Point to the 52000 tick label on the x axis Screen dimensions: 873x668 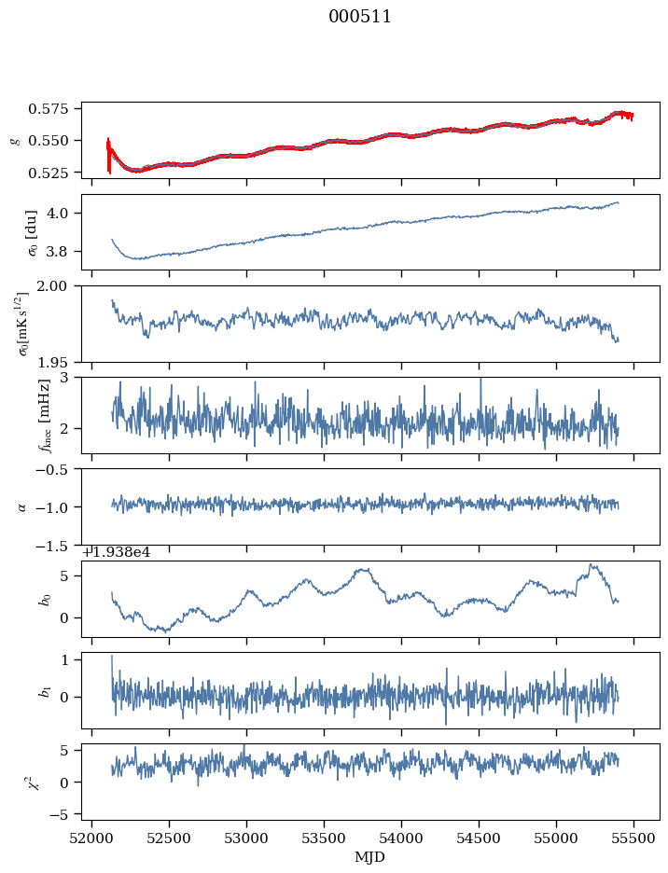pyautogui.click(x=91, y=838)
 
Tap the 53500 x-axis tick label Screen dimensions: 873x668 pyautogui.click(x=325, y=838)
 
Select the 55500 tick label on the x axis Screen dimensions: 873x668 pyautogui.click(x=634, y=838)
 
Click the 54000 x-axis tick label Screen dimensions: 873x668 pyautogui.click(x=402, y=838)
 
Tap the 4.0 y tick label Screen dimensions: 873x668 pyautogui.click(x=63, y=213)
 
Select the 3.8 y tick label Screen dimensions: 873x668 pyautogui.click(x=63, y=251)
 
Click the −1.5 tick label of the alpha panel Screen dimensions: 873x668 pyautogui.click(x=58, y=545)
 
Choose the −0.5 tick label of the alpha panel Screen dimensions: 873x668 pyautogui.click(x=58, y=469)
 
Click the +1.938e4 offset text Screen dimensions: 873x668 pyautogui.click(x=116, y=552)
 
